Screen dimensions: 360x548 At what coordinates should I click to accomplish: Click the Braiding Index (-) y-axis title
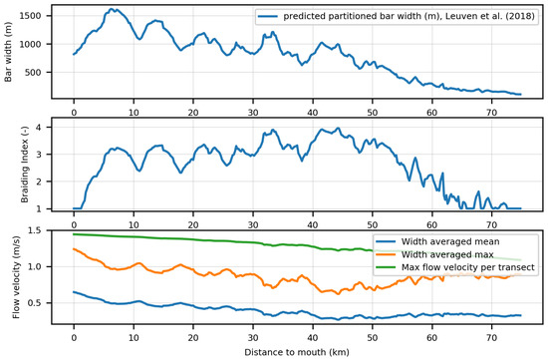(x=9, y=166)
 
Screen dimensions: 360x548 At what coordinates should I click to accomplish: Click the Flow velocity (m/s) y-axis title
(x=9, y=281)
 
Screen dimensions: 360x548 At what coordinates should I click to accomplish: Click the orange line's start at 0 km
(x=74, y=249)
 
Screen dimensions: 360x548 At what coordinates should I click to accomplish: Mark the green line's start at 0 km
(x=74, y=234)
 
